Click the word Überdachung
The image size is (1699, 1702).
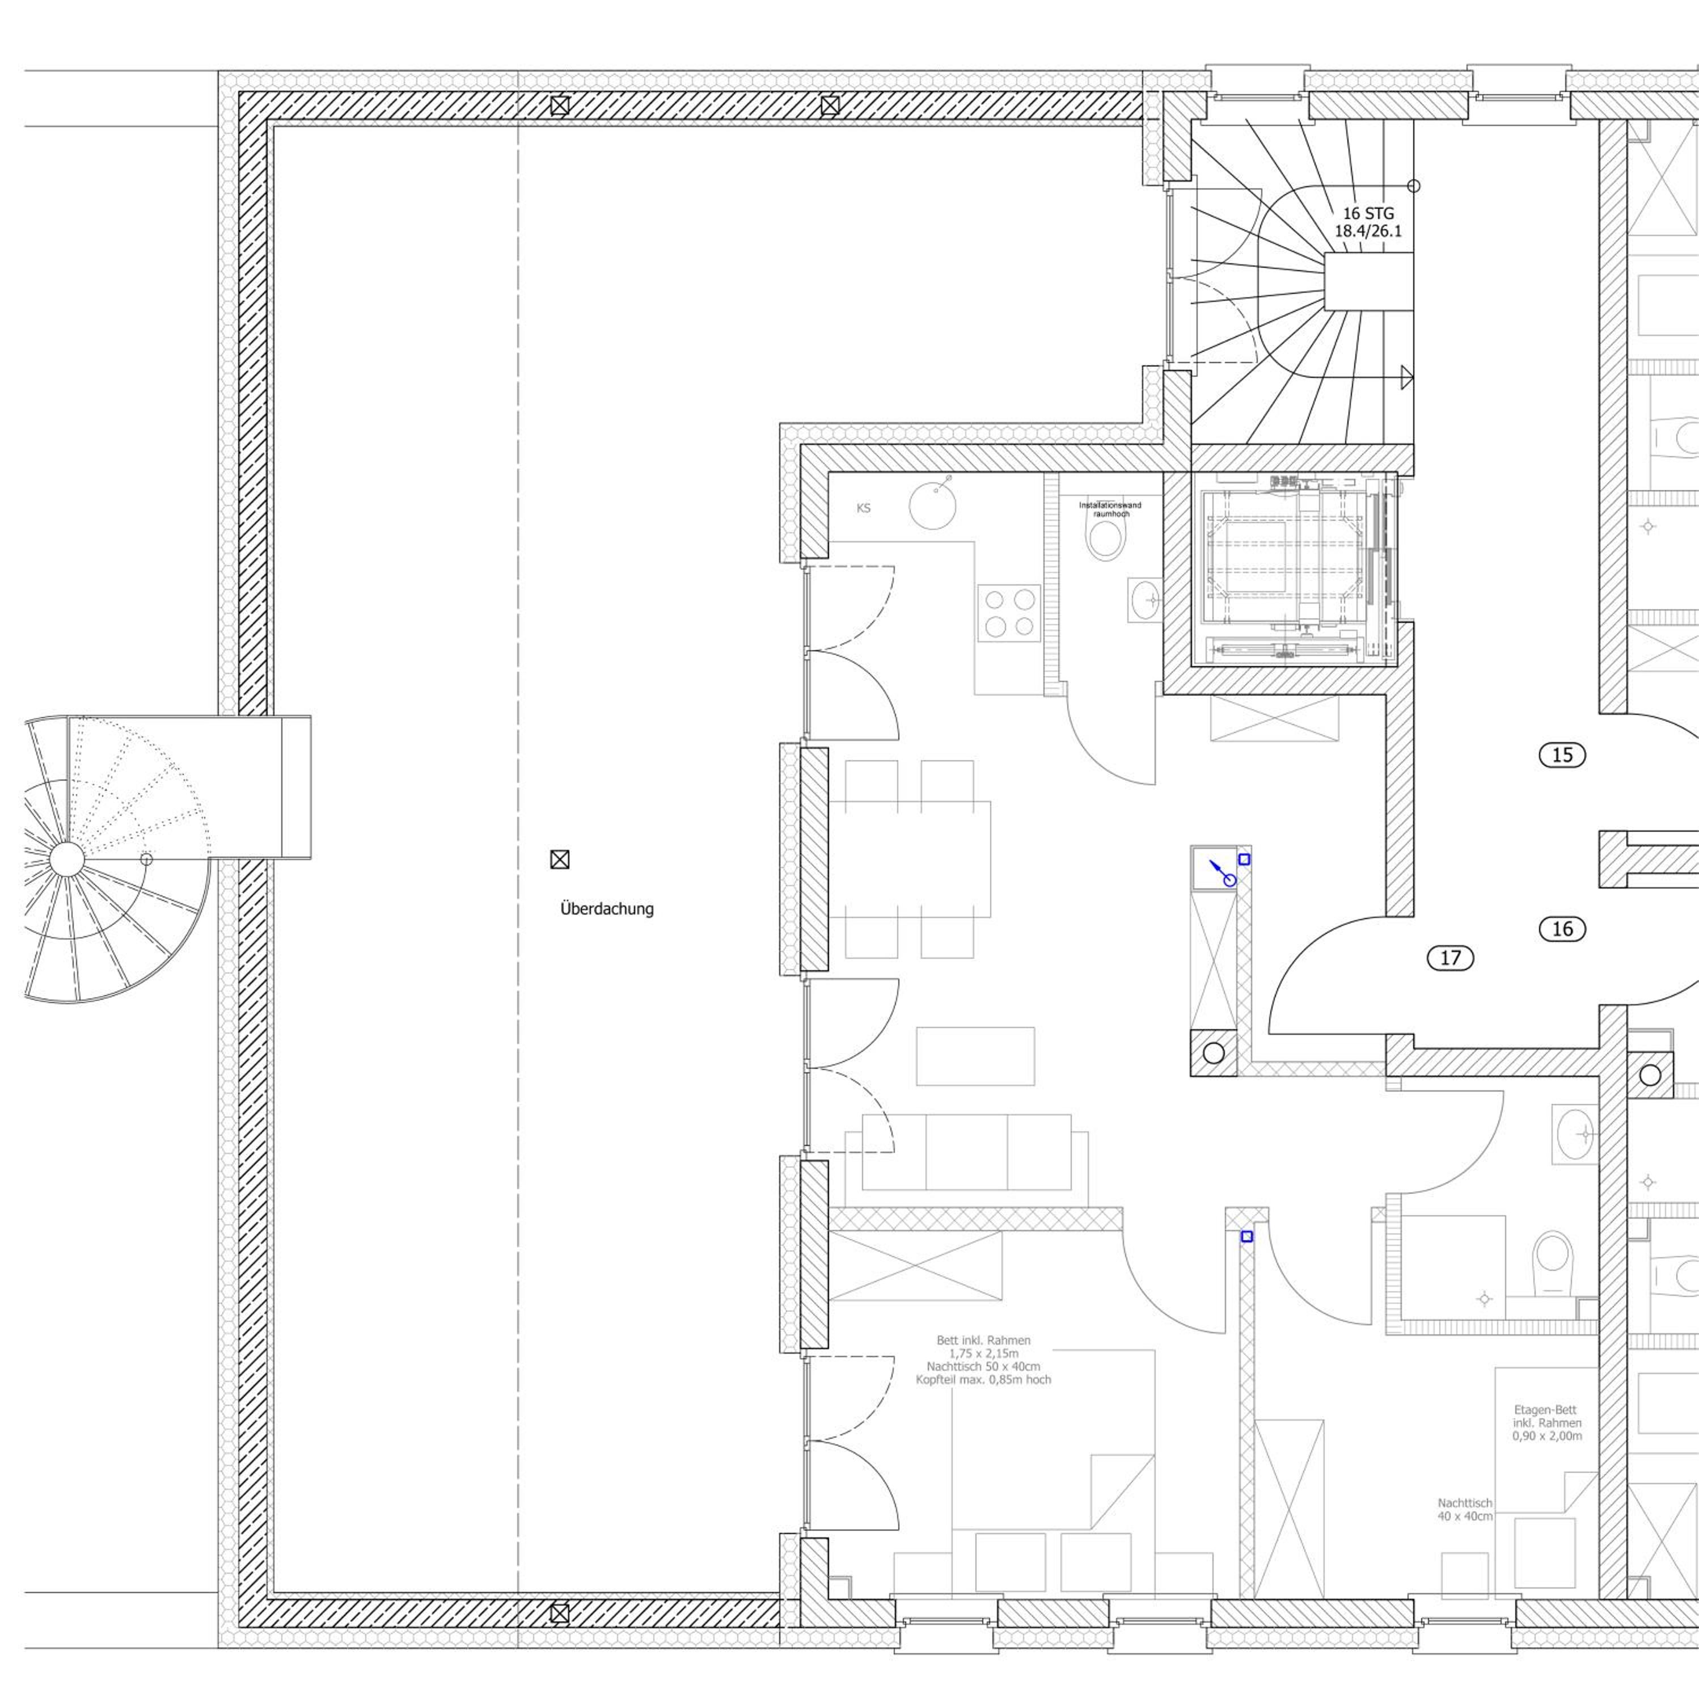pyautogui.click(x=607, y=908)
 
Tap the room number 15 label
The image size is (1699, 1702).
pyautogui.click(x=1562, y=755)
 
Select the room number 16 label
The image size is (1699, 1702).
pyautogui.click(x=1562, y=929)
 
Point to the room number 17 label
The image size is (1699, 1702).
pyautogui.click(x=1449, y=958)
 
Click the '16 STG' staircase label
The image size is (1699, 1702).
pyautogui.click(x=1368, y=213)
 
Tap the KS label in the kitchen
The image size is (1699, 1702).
pyautogui.click(x=863, y=508)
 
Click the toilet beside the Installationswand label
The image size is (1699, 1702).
pyautogui.click(x=1106, y=538)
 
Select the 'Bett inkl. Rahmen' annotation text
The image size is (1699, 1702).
pyautogui.click(x=983, y=1340)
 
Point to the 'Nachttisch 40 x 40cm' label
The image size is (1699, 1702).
pyautogui.click(x=1465, y=1509)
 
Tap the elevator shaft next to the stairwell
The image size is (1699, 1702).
pyautogui.click(x=1294, y=568)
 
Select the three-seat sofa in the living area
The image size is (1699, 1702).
pyautogui.click(x=966, y=1152)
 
